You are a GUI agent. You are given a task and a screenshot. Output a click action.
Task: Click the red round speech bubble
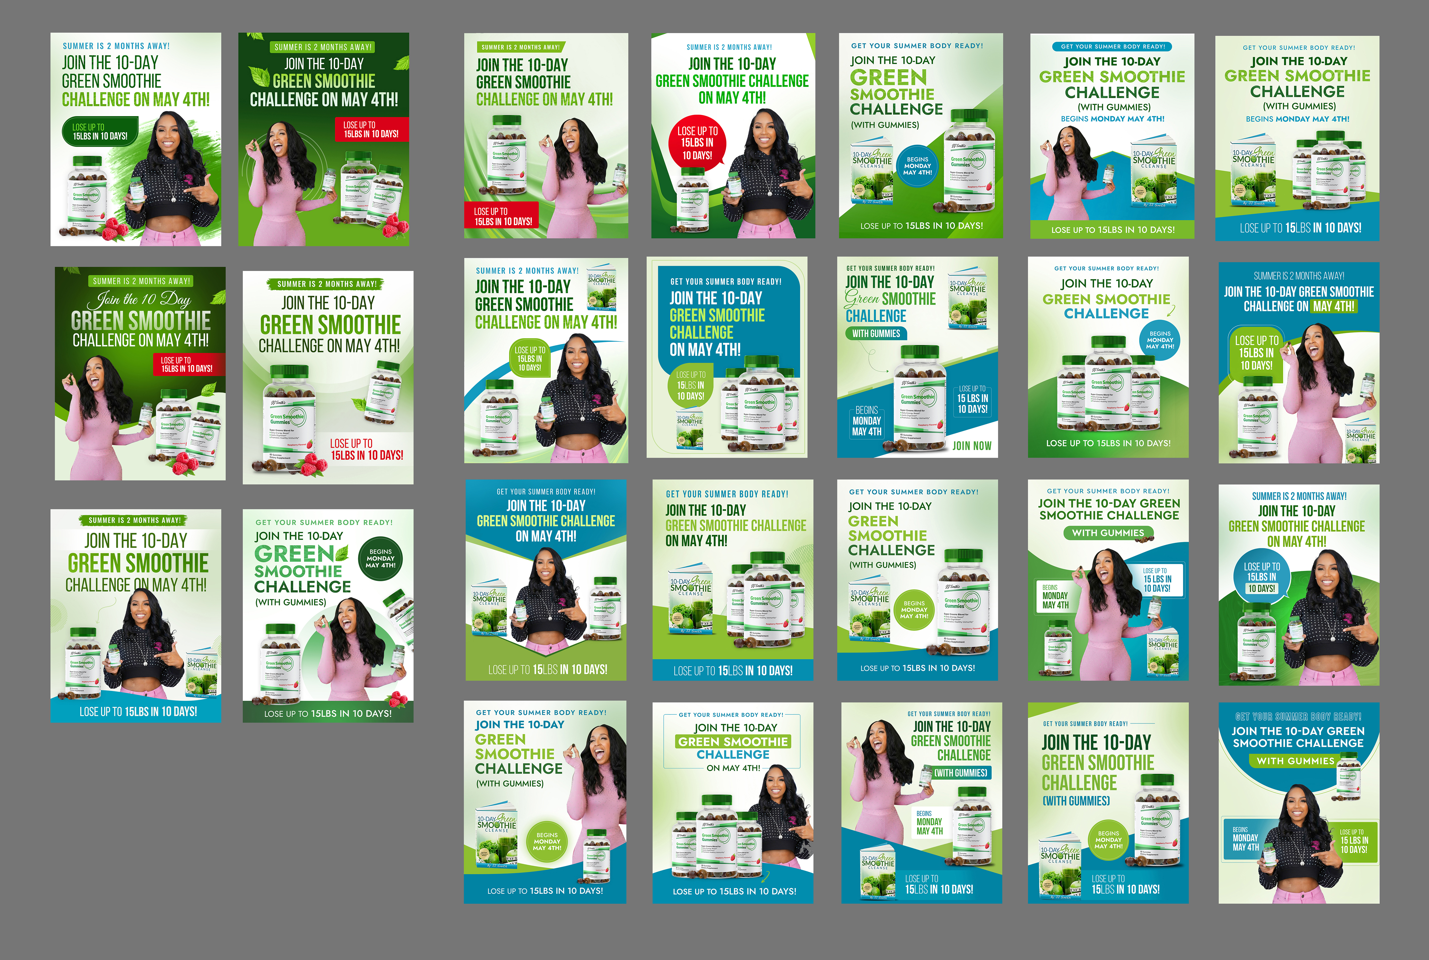(x=698, y=142)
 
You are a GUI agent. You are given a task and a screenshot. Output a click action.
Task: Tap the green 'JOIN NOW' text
(x=972, y=446)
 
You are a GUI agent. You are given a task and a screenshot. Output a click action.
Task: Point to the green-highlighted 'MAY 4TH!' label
(x=1334, y=306)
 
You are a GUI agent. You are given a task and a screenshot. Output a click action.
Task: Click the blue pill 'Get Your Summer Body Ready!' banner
(x=1113, y=47)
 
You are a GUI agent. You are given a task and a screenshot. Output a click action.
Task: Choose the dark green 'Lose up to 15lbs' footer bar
(x=328, y=713)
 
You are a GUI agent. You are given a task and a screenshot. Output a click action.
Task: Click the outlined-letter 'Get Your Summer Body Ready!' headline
(x=1298, y=716)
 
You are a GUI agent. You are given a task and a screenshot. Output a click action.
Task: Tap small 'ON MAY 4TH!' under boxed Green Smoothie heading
(x=733, y=768)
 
